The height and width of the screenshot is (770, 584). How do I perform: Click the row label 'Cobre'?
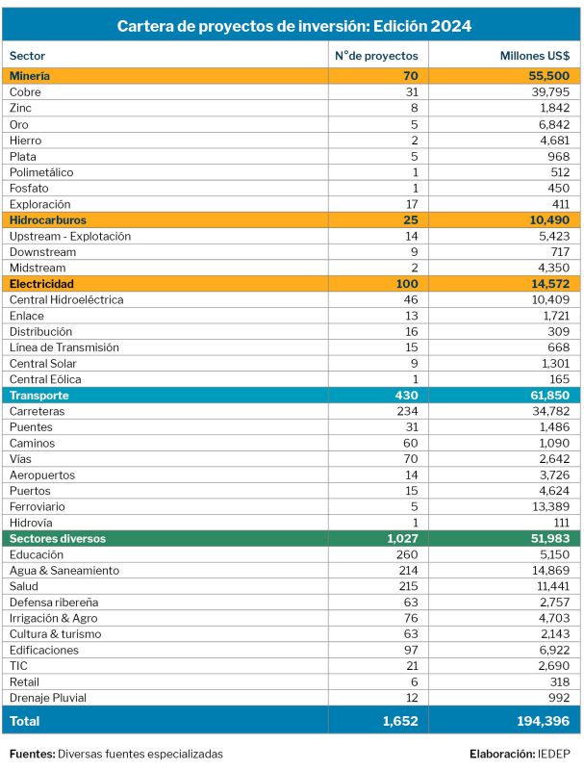(x=25, y=91)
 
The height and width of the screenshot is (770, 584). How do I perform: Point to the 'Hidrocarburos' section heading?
(x=49, y=220)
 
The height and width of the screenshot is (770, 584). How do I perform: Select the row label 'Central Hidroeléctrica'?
(x=66, y=299)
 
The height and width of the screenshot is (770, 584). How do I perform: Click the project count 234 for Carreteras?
(x=409, y=411)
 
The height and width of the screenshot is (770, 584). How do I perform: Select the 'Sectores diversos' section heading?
(x=58, y=539)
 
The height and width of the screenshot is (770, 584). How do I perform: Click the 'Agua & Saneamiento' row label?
(x=64, y=571)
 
